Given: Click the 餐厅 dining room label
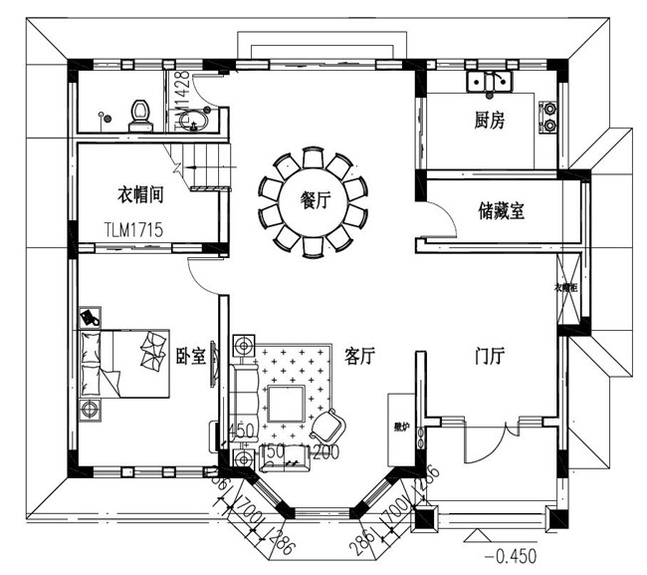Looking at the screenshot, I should [x=316, y=199].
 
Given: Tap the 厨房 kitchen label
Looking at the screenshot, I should [x=490, y=121].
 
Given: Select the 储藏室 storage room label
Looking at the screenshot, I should [x=502, y=210].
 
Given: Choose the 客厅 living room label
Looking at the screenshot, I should [x=358, y=356].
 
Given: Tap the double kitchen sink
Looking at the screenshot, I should [x=490, y=80].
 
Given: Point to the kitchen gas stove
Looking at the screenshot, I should [x=547, y=117].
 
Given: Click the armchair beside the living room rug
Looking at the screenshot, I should [x=327, y=427].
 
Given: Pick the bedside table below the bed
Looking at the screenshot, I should [x=91, y=409].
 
